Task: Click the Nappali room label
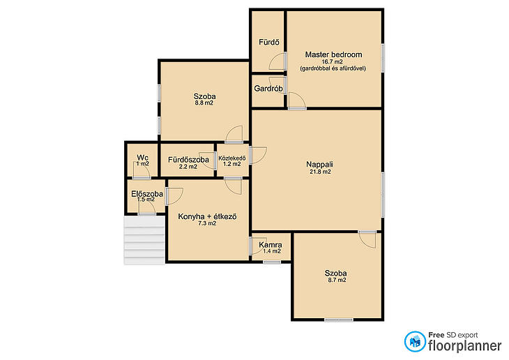coord(320,165)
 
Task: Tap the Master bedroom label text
coord(333,54)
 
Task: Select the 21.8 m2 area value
coord(320,172)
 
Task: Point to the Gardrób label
coord(268,89)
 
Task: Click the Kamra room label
coord(271,245)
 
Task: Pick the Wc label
coord(142,158)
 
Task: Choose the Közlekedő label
coord(232,158)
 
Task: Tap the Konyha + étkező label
coord(207,216)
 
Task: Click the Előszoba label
coord(147,194)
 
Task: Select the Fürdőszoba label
coord(188,160)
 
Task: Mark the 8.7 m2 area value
coord(337,280)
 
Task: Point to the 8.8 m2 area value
coord(204,103)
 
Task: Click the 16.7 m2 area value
coord(332,61)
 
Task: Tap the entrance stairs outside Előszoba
coord(144,241)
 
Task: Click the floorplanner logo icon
coord(415,341)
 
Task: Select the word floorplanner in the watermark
coord(464,346)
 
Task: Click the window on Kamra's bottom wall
coord(272,262)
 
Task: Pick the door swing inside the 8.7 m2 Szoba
coord(367,240)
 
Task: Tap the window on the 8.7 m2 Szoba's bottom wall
coord(339,320)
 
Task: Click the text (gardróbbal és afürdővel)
coord(333,68)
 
